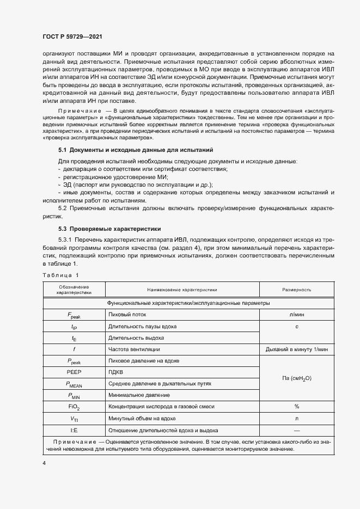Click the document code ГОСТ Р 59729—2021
(72, 36)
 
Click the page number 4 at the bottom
(44, 463)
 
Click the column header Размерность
(296, 290)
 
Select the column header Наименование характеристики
(182, 290)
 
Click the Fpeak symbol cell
(74, 315)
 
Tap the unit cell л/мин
(296, 315)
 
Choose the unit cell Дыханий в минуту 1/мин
(296, 349)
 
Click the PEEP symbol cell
(74, 372)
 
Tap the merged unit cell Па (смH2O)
(296, 378)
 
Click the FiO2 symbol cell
(74, 407)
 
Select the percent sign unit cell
(296, 406)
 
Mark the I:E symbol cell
(74, 430)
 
